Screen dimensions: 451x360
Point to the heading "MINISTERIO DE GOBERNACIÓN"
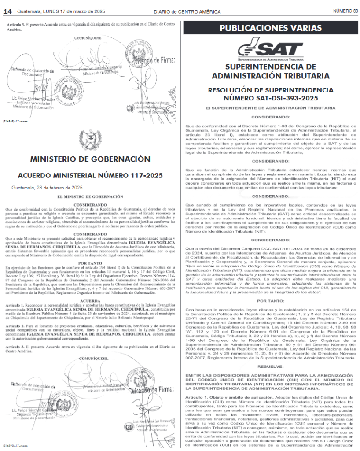point(90,159)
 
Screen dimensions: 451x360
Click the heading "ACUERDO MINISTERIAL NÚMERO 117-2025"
point(90,175)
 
